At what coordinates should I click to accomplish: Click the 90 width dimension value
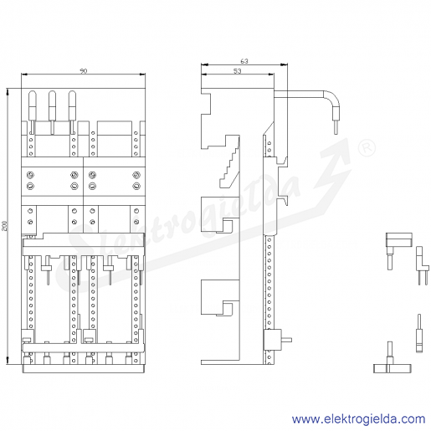84,71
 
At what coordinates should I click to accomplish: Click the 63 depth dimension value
244,61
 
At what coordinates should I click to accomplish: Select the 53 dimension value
237,71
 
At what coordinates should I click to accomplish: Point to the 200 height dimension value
4,226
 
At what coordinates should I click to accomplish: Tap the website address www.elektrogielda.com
358,419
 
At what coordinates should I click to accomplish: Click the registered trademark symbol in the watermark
367,148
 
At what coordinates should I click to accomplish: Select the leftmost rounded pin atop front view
32,112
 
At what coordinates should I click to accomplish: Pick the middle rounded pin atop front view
52,112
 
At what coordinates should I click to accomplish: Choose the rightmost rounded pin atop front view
72,112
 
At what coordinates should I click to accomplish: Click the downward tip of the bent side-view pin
336,134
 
